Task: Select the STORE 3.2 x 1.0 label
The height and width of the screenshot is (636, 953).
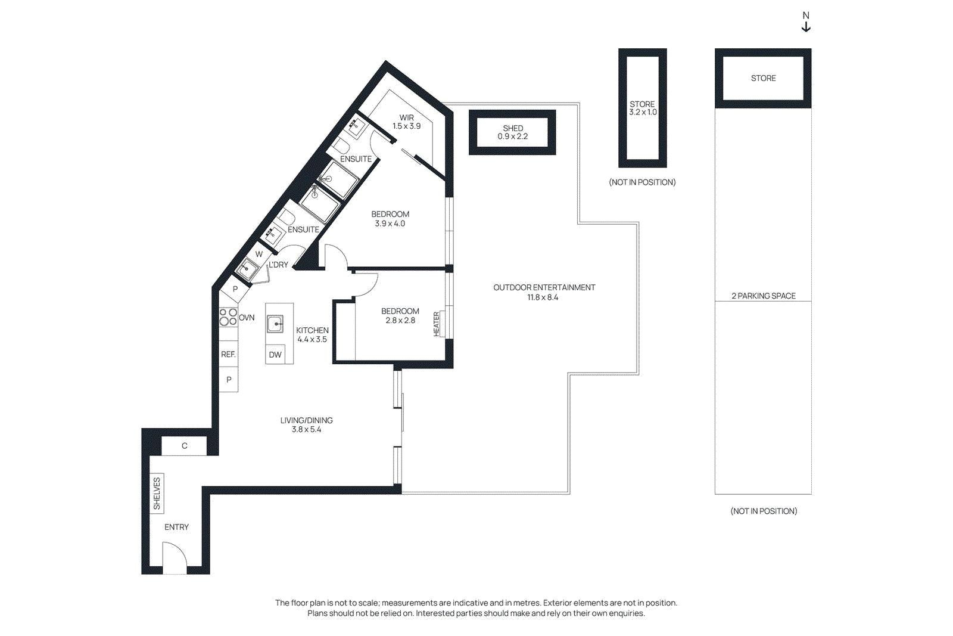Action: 643,108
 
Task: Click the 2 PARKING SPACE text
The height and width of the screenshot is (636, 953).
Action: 763,296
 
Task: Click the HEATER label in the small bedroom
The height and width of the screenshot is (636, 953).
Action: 437,324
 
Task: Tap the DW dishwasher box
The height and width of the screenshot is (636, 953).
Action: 275,355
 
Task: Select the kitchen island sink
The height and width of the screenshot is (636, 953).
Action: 275,324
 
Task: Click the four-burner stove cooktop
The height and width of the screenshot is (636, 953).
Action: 228,317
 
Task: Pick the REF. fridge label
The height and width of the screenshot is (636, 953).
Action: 228,354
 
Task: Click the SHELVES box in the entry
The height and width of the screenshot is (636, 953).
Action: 157,493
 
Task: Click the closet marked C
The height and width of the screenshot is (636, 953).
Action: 184,446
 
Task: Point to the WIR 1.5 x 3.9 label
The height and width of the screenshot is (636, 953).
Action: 407,122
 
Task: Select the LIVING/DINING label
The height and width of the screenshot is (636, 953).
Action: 306,424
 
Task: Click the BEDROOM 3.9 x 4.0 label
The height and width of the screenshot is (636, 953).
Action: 390,219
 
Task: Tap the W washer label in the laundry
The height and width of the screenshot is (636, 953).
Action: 259,254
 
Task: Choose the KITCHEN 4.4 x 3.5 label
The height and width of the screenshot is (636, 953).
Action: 312,334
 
